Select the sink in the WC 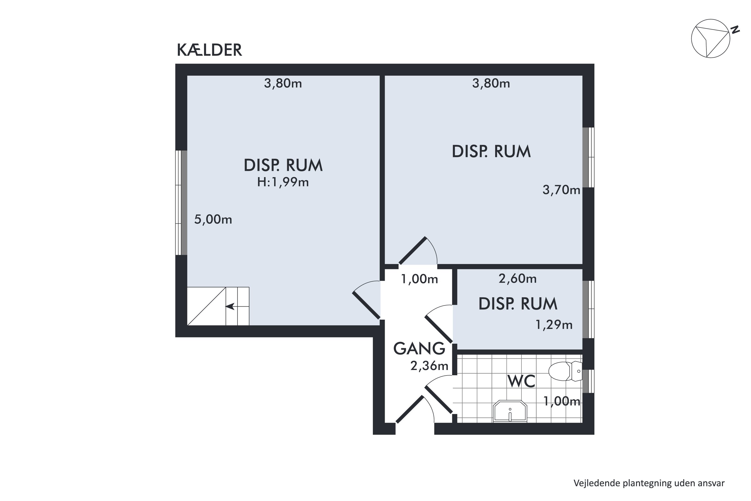pos(510,411)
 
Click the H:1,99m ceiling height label pos(283,182)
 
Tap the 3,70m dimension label pos(561,190)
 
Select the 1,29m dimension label pos(554,325)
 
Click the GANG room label pos(419,349)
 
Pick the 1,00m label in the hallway pos(419,279)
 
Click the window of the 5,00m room pos(181,203)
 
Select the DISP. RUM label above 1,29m pos(518,304)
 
